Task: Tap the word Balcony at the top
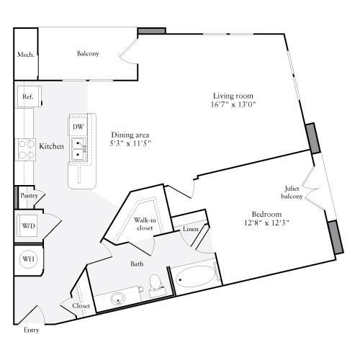pos(88,54)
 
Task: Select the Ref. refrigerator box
pos(28,96)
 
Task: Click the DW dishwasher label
pos(78,127)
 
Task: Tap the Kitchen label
pos(52,146)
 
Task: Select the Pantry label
pos(29,195)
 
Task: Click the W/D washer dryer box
pos(28,226)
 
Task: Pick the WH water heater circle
pos(29,259)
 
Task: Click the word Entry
pos(32,330)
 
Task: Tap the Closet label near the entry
pos(81,306)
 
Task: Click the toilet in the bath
pos(156,285)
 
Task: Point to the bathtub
pos(193,277)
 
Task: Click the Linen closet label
pos(190,229)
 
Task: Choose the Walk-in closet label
pos(143,223)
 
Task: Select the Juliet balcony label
pos(292,193)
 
